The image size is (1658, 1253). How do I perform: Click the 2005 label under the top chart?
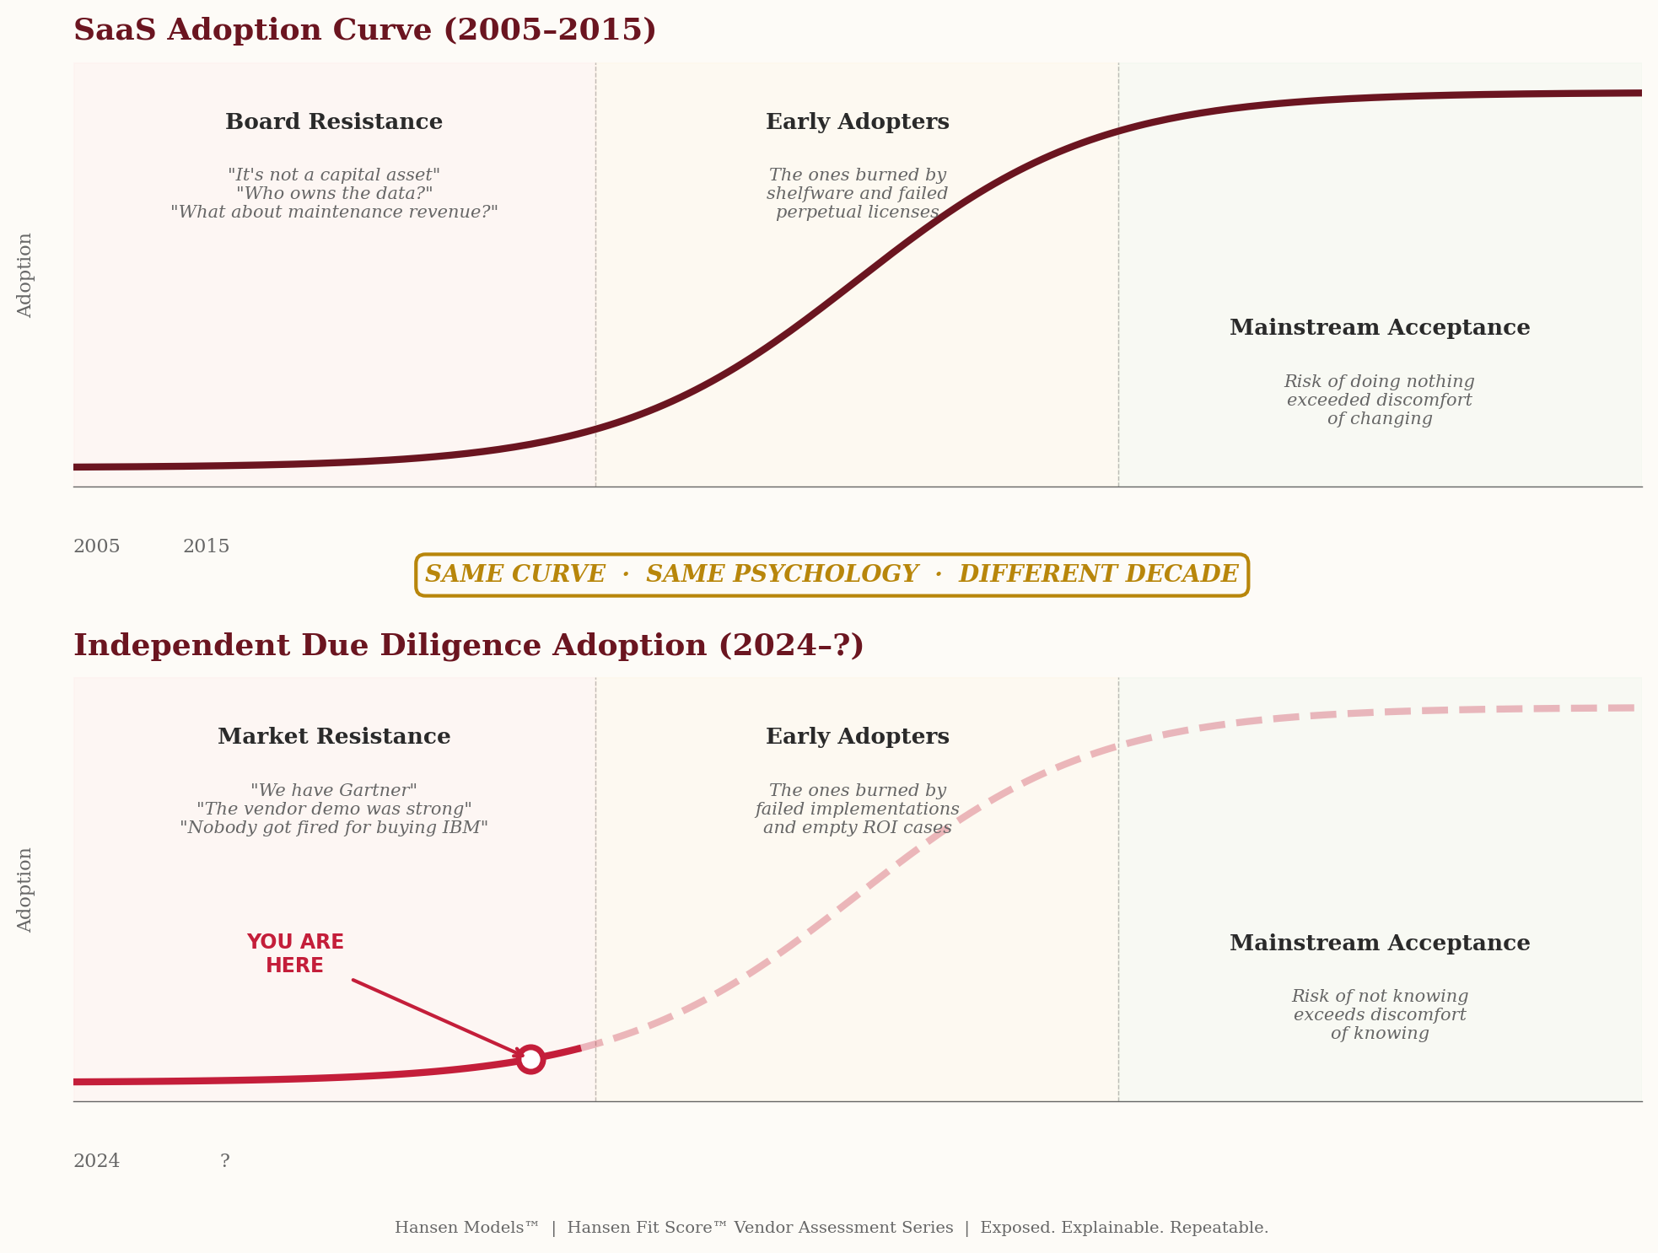(x=96, y=546)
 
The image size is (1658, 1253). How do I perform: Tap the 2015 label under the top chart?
(x=206, y=546)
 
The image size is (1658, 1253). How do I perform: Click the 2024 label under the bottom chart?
(x=96, y=1161)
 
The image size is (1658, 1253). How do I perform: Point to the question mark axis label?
(x=224, y=1161)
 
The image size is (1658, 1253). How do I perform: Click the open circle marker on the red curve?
(x=530, y=1059)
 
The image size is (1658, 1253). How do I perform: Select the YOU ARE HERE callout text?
(x=294, y=954)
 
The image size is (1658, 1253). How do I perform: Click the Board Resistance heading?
(x=334, y=122)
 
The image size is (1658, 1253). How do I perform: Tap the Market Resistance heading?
(x=334, y=737)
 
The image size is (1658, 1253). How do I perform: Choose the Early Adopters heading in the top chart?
(x=857, y=122)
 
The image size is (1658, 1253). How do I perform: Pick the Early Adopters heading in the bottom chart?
(x=857, y=737)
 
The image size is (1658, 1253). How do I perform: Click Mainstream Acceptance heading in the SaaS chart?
(x=1379, y=328)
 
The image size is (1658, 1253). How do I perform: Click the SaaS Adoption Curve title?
(x=364, y=30)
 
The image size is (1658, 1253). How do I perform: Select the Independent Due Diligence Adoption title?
(x=468, y=646)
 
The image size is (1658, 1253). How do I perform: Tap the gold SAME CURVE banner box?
(x=832, y=575)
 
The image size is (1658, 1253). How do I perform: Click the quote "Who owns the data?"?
(x=334, y=194)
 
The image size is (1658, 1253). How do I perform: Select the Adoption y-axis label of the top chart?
(x=25, y=275)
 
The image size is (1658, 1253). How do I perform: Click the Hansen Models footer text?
(x=466, y=1228)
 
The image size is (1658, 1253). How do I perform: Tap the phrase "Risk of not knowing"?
(x=1379, y=997)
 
